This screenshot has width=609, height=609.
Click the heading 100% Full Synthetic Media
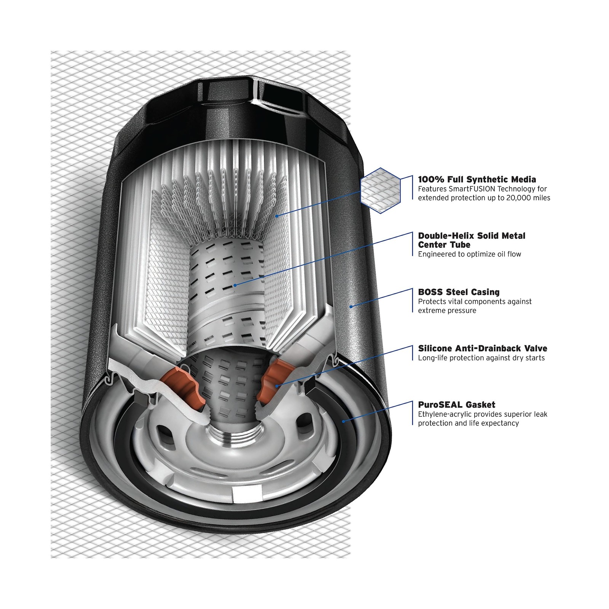(x=477, y=179)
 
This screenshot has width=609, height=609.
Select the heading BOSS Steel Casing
(x=459, y=292)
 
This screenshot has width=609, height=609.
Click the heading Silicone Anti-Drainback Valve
(x=483, y=348)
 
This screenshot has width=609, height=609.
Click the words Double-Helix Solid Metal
(x=472, y=236)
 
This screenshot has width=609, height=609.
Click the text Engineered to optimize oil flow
(x=469, y=254)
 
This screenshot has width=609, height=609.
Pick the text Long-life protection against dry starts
(x=481, y=358)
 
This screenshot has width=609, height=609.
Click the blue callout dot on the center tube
(x=235, y=285)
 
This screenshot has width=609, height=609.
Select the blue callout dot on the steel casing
(x=351, y=306)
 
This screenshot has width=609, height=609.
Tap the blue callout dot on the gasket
(x=343, y=421)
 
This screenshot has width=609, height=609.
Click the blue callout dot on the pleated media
(x=277, y=216)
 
